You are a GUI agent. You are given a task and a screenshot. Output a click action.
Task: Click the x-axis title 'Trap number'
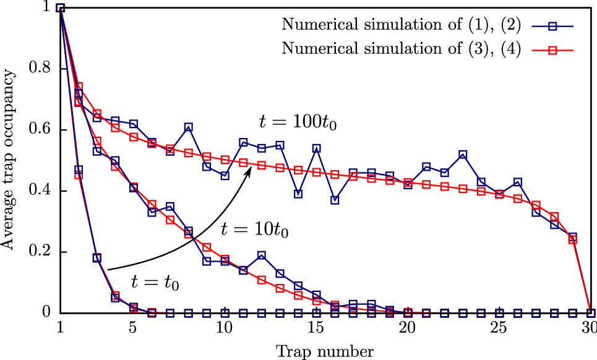(325, 352)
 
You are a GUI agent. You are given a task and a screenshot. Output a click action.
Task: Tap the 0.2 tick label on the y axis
(42, 252)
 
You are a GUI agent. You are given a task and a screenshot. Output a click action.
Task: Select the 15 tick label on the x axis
(316, 327)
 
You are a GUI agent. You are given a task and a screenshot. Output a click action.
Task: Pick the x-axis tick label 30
(590, 327)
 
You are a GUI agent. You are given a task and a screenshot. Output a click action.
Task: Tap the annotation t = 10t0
(255, 231)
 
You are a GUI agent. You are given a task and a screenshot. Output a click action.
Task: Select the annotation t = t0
(155, 282)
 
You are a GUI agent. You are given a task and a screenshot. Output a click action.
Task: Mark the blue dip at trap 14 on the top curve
(298, 194)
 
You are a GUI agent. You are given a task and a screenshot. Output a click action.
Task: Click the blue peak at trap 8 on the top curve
(188, 127)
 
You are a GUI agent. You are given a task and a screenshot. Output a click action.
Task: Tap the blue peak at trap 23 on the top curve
(463, 154)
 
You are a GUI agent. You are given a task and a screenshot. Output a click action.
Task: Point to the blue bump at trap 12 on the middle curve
(262, 255)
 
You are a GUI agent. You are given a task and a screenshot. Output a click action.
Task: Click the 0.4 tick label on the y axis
(42, 191)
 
